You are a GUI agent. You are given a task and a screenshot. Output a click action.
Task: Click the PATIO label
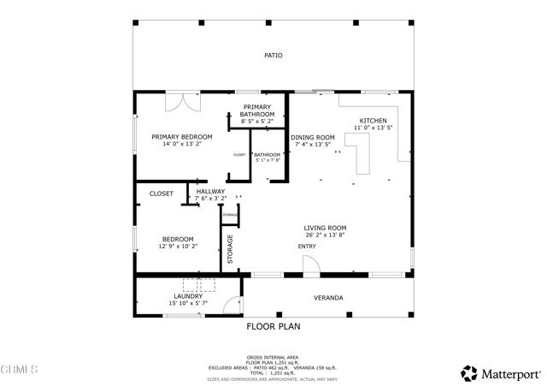pos(273,55)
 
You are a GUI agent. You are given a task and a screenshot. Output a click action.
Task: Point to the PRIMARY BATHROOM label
pos(257,110)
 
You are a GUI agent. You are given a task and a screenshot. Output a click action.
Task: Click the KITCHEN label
pos(373,121)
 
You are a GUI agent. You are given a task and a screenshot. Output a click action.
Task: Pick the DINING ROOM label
pos(313,137)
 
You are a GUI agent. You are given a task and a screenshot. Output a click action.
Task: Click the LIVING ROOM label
pos(326,228)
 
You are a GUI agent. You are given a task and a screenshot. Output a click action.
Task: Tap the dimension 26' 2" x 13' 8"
pos(326,235)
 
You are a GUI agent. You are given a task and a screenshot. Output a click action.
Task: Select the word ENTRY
pos(307,247)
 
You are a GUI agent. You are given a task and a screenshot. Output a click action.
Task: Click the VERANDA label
pos(326,297)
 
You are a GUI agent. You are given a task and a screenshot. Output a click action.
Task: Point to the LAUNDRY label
pos(187,296)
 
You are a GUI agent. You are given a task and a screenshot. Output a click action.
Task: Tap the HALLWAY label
pos(210,191)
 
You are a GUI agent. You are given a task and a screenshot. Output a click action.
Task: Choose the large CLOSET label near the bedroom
pos(161,193)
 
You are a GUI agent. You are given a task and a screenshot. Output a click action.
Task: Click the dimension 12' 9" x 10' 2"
pos(178,247)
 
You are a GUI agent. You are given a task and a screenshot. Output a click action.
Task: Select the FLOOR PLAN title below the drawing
pos(273,326)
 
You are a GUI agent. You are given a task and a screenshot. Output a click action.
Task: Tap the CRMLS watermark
pos(20,370)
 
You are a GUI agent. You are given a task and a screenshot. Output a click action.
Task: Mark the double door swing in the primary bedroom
pos(182,100)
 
